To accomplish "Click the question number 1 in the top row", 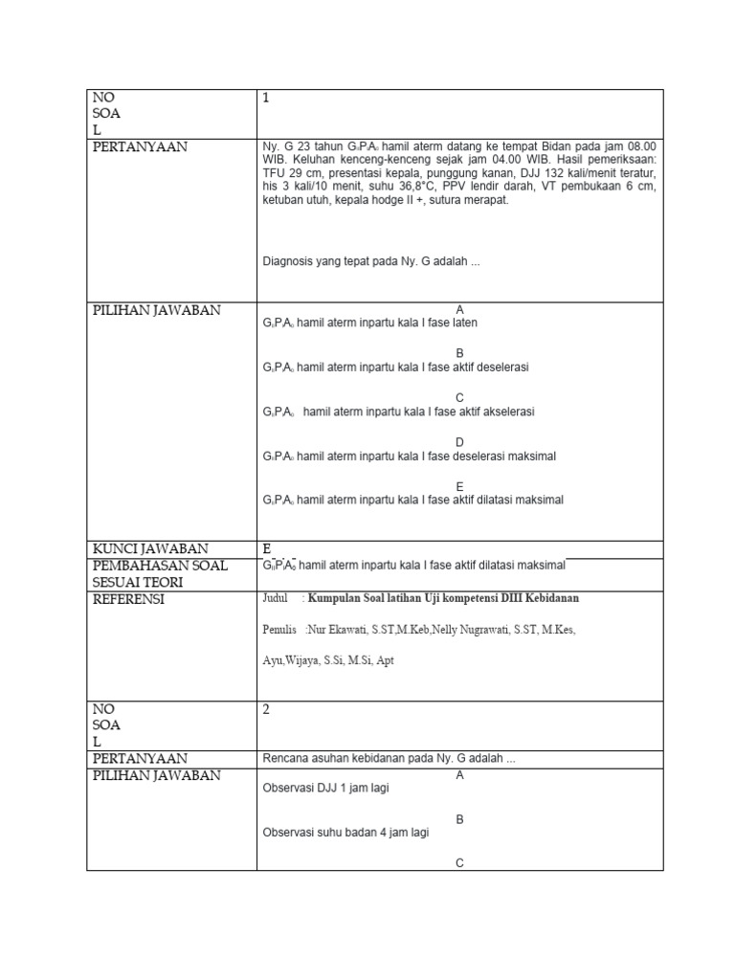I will click(267, 98).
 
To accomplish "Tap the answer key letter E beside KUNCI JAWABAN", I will click(268, 548).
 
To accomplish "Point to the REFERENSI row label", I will click(128, 599).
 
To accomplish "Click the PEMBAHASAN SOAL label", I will click(160, 566).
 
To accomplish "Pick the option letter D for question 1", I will click(459, 442).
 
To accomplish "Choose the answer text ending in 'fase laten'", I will click(370, 323).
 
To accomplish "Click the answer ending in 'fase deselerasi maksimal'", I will click(410, 457).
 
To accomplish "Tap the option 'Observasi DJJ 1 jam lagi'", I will click(326, 789).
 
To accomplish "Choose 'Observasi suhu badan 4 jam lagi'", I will click(345, 833).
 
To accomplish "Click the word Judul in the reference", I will click(275, 598).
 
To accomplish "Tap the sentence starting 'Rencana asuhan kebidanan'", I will click(389, 759).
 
